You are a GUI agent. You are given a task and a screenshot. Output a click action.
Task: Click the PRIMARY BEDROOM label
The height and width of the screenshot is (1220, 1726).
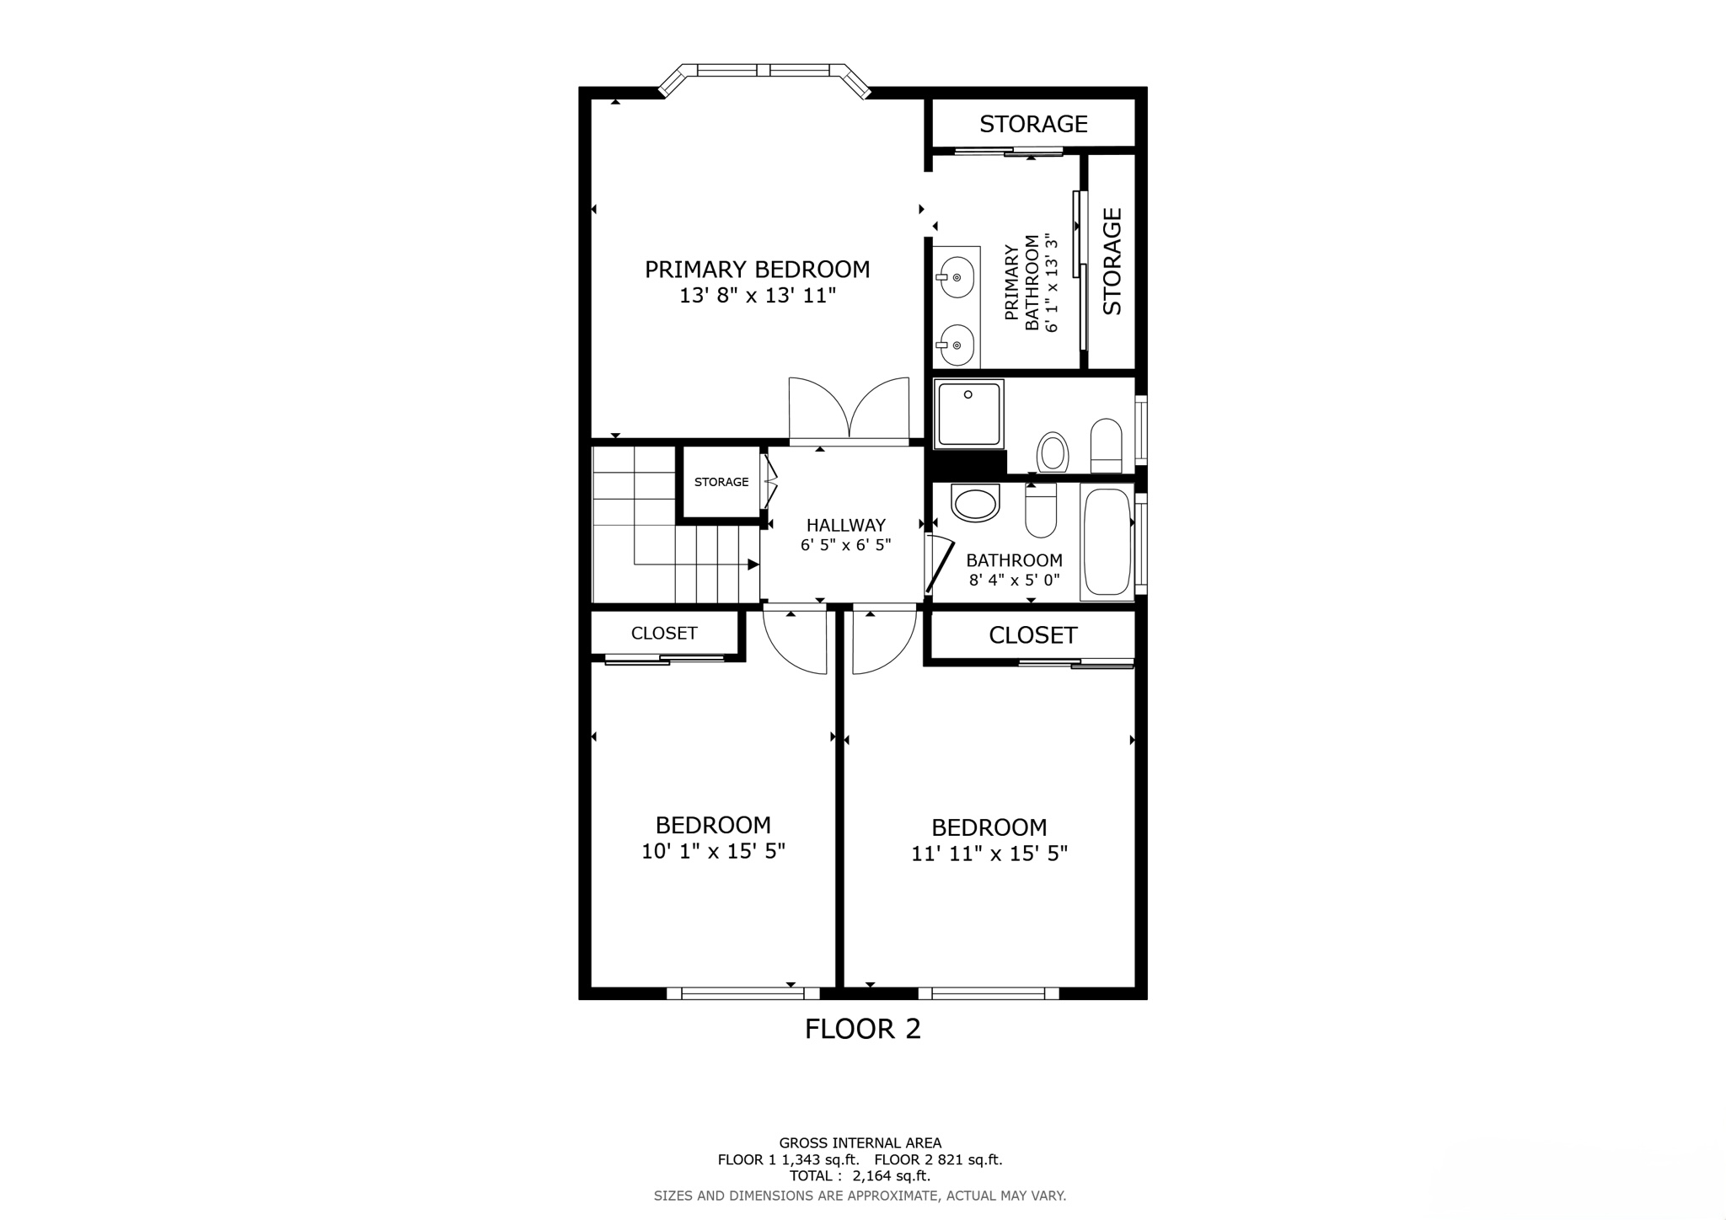click(757, 270)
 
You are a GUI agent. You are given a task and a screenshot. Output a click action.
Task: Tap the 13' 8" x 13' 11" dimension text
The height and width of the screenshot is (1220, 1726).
click(757, 296)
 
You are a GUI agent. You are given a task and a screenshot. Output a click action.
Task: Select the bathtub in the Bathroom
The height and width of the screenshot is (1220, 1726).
click(1106, 543)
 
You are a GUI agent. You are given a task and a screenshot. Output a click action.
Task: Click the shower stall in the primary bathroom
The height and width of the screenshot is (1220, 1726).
click(969, 413)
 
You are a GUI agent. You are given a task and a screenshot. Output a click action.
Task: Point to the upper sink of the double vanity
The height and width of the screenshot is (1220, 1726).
click(957, 277)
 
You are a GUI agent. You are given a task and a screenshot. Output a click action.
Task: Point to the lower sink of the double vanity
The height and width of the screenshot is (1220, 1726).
click(957, 345)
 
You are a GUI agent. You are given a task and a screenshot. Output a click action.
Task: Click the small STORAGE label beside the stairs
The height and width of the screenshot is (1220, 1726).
click(721, 482)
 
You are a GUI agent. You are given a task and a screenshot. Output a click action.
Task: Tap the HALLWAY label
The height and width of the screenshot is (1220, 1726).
click(845, 526)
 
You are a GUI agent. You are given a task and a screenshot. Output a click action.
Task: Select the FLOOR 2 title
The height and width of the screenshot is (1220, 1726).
click(862, 1029)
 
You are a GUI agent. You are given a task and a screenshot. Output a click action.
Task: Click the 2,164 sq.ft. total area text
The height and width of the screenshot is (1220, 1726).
click(891, 1176)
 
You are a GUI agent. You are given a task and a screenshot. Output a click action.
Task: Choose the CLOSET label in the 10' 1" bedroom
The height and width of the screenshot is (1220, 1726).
click(664, 633)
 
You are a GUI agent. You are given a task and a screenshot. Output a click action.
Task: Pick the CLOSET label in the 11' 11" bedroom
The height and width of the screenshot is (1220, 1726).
click(1032, 635)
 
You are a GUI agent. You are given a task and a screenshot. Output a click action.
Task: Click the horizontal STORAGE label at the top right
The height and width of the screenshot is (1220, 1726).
click(1033, 124)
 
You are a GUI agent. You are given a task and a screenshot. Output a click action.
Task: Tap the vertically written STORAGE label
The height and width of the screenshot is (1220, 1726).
click(1112, 261)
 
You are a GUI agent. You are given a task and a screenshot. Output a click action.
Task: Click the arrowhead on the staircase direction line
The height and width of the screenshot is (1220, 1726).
click(753, 565)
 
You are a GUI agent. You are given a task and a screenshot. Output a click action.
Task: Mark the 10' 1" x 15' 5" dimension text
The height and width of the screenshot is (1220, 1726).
click(713, 852)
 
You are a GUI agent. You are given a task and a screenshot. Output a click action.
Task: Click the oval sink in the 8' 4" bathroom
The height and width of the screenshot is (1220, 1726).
click(974, 504)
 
